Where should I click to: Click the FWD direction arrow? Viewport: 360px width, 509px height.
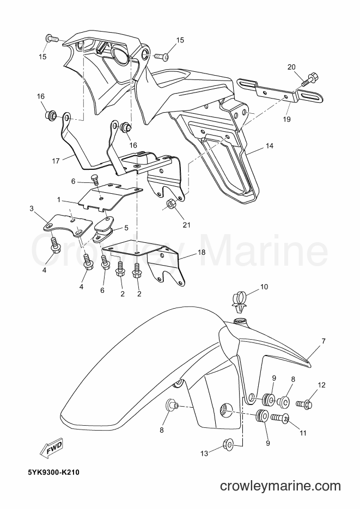click(51, 449)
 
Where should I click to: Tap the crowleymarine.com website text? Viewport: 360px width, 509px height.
click(280, 486)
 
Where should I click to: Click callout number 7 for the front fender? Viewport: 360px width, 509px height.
click(324, 341)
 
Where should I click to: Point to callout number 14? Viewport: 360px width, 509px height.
click(270, 146)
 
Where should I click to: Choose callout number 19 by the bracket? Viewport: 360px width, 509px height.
click(286, 119)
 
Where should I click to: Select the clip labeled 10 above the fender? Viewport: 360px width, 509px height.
click(239, 299)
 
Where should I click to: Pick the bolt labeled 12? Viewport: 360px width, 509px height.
click(304, 404)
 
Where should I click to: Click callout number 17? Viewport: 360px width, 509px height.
click(56, 161)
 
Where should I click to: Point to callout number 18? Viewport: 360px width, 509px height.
click(202, 253)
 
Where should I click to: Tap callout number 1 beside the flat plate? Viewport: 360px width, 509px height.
click(59, 200)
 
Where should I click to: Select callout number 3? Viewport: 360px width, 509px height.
click(32, 208)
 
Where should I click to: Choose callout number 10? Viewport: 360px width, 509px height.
click(264, 287)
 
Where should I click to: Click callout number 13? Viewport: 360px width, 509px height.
click(204, 453)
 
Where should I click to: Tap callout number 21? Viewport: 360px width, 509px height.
click(186, 225)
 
